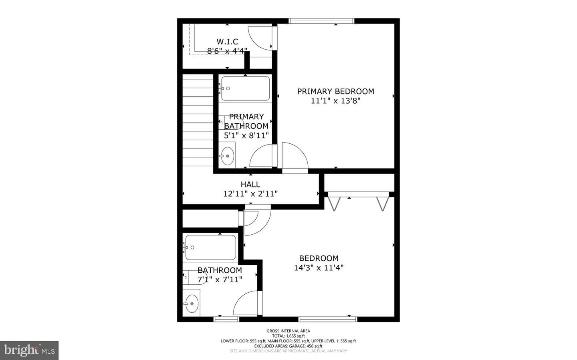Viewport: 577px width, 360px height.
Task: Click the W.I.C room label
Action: point(227,42)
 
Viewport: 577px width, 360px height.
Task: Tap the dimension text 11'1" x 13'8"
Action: point(335,101)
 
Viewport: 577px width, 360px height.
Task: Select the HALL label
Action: point(250,184)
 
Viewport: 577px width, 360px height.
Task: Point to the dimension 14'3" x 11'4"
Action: point(319,268)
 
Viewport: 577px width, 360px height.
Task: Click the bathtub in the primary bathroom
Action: point(246,88)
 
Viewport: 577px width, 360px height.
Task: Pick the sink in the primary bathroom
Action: point(228,156)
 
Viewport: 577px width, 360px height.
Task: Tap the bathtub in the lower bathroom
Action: point(211,247)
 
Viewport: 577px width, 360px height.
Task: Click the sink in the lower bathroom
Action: point(192,304)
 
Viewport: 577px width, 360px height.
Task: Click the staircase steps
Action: point(198,120)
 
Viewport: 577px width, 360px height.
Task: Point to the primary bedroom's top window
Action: point(321,21)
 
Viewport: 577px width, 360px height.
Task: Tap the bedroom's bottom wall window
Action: point(328,319)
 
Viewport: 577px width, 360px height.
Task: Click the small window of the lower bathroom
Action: point(226,319)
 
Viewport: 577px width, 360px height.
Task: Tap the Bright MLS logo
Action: point(29,350)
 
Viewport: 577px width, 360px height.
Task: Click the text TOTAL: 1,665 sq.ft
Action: point(288,336)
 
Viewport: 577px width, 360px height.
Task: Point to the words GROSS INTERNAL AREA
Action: point(288,331)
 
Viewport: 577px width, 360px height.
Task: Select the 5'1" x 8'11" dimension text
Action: point(246,135)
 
